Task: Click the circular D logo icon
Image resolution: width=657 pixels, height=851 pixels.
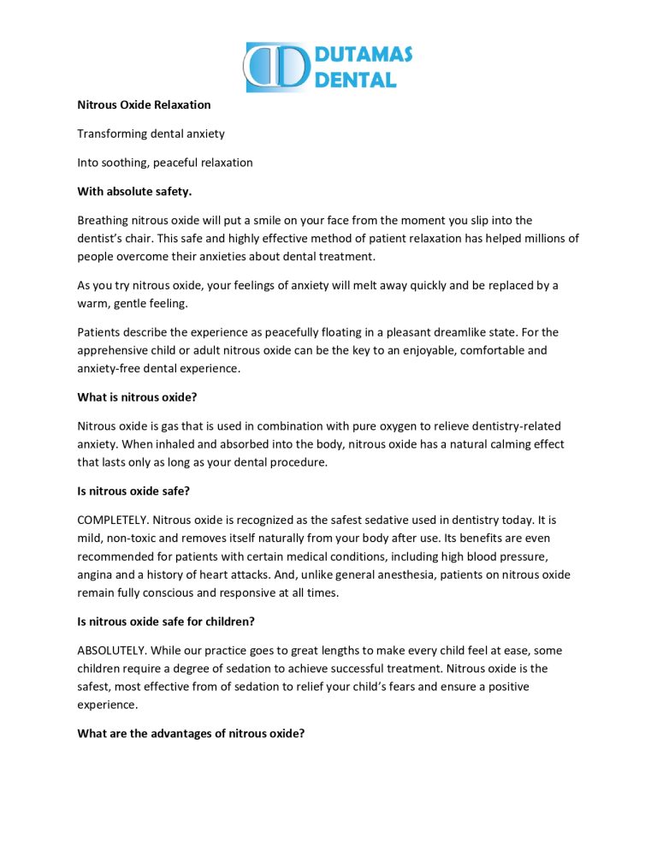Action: [x=275, y=68]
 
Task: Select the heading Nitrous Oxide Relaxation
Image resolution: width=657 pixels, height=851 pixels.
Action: [x=144, y=105]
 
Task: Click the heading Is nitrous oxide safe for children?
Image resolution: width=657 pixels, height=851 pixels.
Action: [x=169, y=622]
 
